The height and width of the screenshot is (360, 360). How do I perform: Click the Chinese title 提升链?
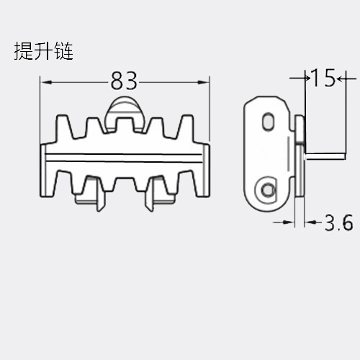tap(43, 51)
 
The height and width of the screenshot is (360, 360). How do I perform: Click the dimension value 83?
tap(124, 81)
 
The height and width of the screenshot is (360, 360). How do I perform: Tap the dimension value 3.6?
tap(338, 222)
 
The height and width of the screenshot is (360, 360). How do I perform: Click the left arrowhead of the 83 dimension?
tap(46, 83)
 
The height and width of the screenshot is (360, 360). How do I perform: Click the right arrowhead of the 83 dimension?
tap(203, 83)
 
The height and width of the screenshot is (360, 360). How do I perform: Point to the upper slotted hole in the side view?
tap(268, 121)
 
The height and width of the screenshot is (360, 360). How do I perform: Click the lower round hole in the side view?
tap(267, 190)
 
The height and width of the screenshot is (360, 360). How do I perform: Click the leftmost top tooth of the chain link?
tap(63, 127)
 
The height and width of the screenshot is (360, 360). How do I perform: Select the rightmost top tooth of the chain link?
tap(186, 127)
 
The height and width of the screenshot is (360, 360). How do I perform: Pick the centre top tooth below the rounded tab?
tap(124, 125)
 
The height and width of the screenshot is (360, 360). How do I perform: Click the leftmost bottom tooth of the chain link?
tap(64, 181)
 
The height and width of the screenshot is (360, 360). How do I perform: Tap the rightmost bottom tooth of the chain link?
tap(186, 181)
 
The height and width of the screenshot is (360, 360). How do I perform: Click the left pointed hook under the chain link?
tap(101, 196)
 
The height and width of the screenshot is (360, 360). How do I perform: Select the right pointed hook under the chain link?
tap(149, 196)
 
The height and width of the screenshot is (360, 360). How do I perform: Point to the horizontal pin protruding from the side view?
tap(325, 156)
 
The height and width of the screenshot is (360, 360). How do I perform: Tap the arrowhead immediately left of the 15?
tap(307, 78)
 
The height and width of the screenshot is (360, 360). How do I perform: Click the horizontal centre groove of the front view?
tap(124, 157)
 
